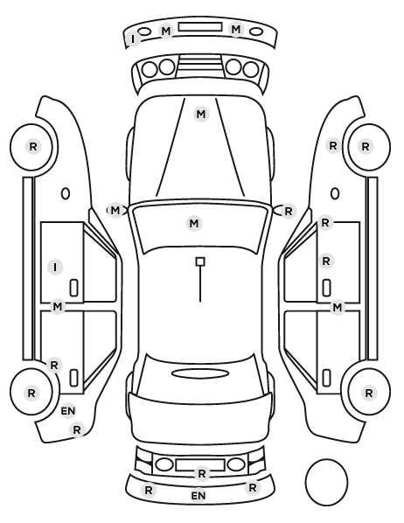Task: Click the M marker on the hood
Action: coord(201,115)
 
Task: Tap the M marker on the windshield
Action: coord(194,223)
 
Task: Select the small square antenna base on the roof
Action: coord(200,261)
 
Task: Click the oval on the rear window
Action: coord(200,373)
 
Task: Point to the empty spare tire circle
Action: coord(326,482)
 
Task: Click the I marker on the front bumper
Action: coord(134,39)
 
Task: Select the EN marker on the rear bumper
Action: coord(199,496)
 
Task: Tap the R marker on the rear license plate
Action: coord(202,473)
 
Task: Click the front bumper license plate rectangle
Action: coord(200,27)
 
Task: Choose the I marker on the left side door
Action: coord(55,267)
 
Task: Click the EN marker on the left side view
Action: coord(68,411)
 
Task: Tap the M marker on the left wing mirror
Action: coord(115,211)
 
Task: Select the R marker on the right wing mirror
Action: coord(289,211)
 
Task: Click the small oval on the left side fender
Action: coord(66,193)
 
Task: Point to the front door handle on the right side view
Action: coord(327,288)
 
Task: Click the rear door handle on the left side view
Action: coord(73,378)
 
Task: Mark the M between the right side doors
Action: coord(338,307)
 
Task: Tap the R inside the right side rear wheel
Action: coord(369,394)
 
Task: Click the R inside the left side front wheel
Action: coord(33,146)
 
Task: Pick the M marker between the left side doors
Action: coord(58,306)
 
